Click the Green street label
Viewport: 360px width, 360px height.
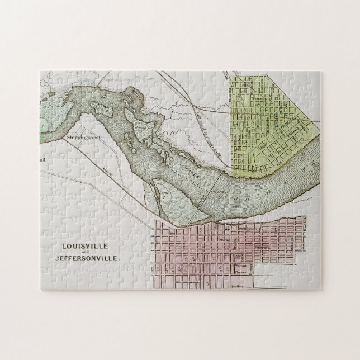point(238,252)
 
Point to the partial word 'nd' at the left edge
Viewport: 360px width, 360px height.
point(42,159)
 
